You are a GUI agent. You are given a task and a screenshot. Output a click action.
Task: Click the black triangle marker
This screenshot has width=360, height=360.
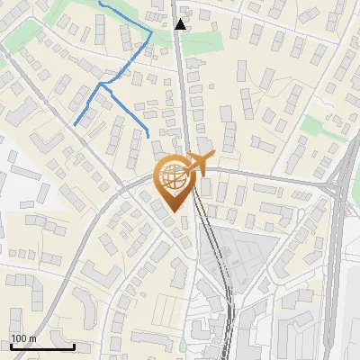pyautogui.click(x=181, y=24)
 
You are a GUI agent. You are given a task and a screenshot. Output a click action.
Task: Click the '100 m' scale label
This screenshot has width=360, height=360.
pyautogui.click(x=23, y=338)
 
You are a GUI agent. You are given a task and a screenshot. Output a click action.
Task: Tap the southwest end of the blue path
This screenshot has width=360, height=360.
pyautogui.click(x=74, y=123)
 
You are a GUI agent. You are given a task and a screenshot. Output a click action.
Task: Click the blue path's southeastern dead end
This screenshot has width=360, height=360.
pyautogui.click(x=147, y=136)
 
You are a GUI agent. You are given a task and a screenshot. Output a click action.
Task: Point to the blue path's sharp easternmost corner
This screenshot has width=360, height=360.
pyautogui.click(x=150, y=33)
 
